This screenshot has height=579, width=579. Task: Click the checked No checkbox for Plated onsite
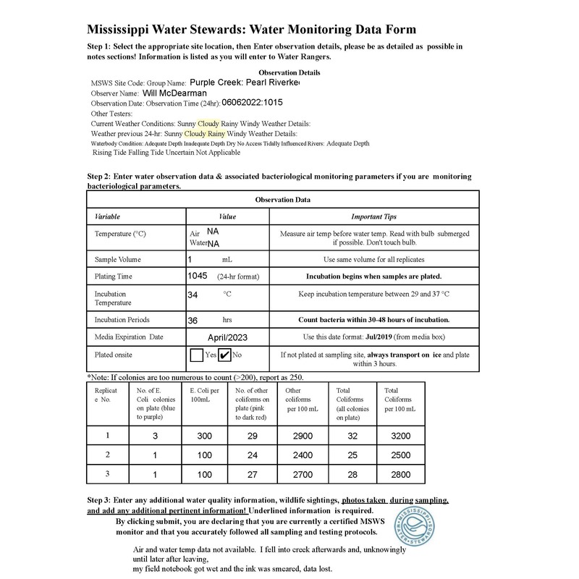[225, 355]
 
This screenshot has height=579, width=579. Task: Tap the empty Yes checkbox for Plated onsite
[195, 355]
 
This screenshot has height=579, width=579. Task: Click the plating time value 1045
[198, 276]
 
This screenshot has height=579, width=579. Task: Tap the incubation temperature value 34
[193, 295]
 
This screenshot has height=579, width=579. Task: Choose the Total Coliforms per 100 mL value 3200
[396, 436]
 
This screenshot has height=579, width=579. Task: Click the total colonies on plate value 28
[346, 476]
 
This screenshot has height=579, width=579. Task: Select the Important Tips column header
[373, 216]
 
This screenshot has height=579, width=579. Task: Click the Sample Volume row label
[118, 259]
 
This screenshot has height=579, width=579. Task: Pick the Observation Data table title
[283, 199]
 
